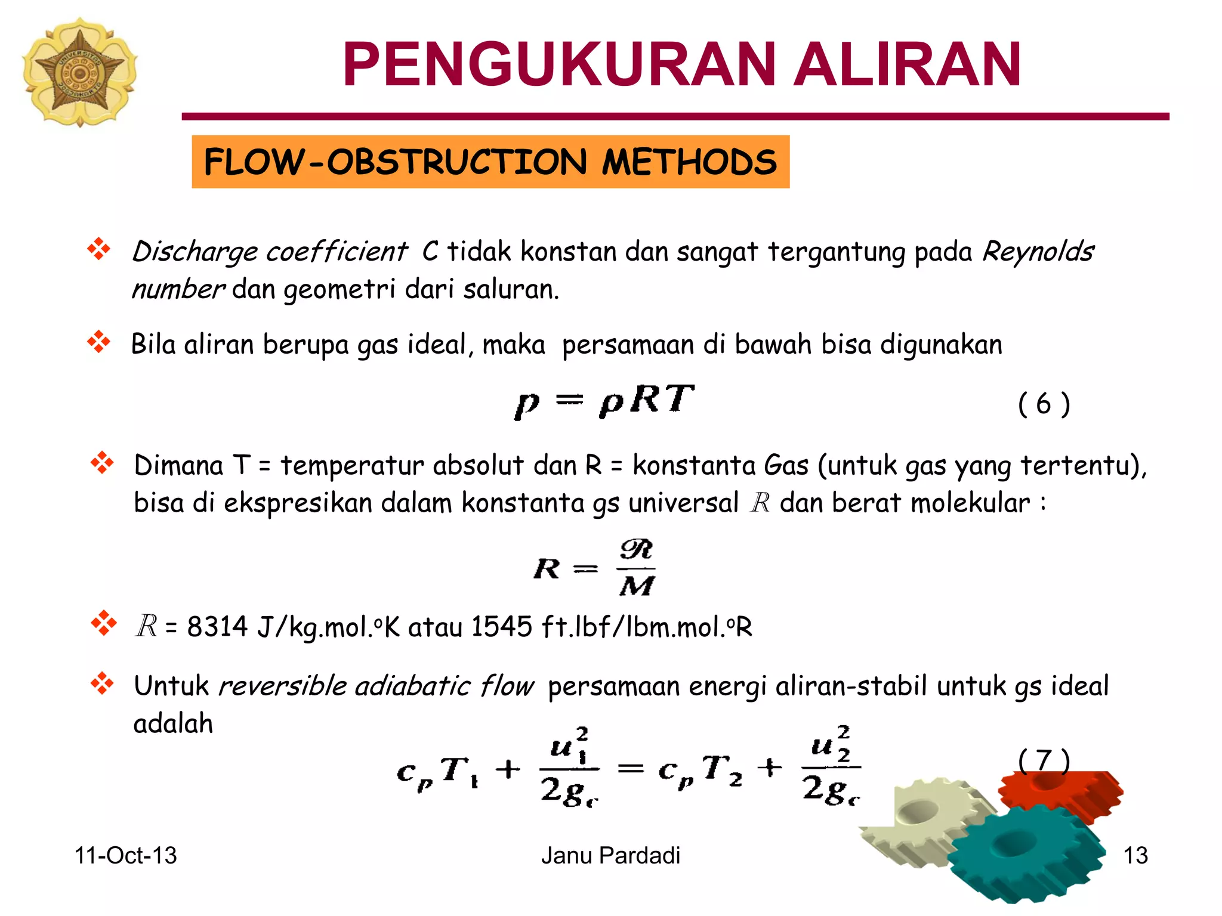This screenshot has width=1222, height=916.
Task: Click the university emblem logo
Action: (x=79, y=72)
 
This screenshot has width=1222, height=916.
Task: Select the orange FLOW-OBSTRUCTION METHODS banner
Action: (x=490, y=162)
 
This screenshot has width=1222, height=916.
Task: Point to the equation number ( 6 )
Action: (x=1044, y=404)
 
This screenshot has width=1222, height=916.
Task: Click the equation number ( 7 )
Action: (x=1044, y=760)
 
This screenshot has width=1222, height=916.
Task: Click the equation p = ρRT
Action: (x=604, y=401)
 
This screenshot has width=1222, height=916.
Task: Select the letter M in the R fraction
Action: (x=637, y=586)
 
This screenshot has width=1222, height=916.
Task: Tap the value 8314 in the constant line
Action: (x=217, y=627)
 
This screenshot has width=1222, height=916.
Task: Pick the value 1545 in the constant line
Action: (x=501, y=627)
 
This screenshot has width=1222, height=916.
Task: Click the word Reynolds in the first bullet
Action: (x=1038, y=252)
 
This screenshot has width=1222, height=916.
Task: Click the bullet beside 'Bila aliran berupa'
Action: (x=99, y=342)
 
